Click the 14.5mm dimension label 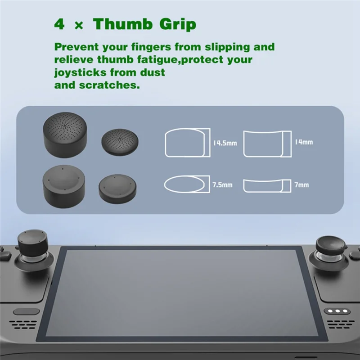225,143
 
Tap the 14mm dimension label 304,142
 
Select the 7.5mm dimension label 222,185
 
